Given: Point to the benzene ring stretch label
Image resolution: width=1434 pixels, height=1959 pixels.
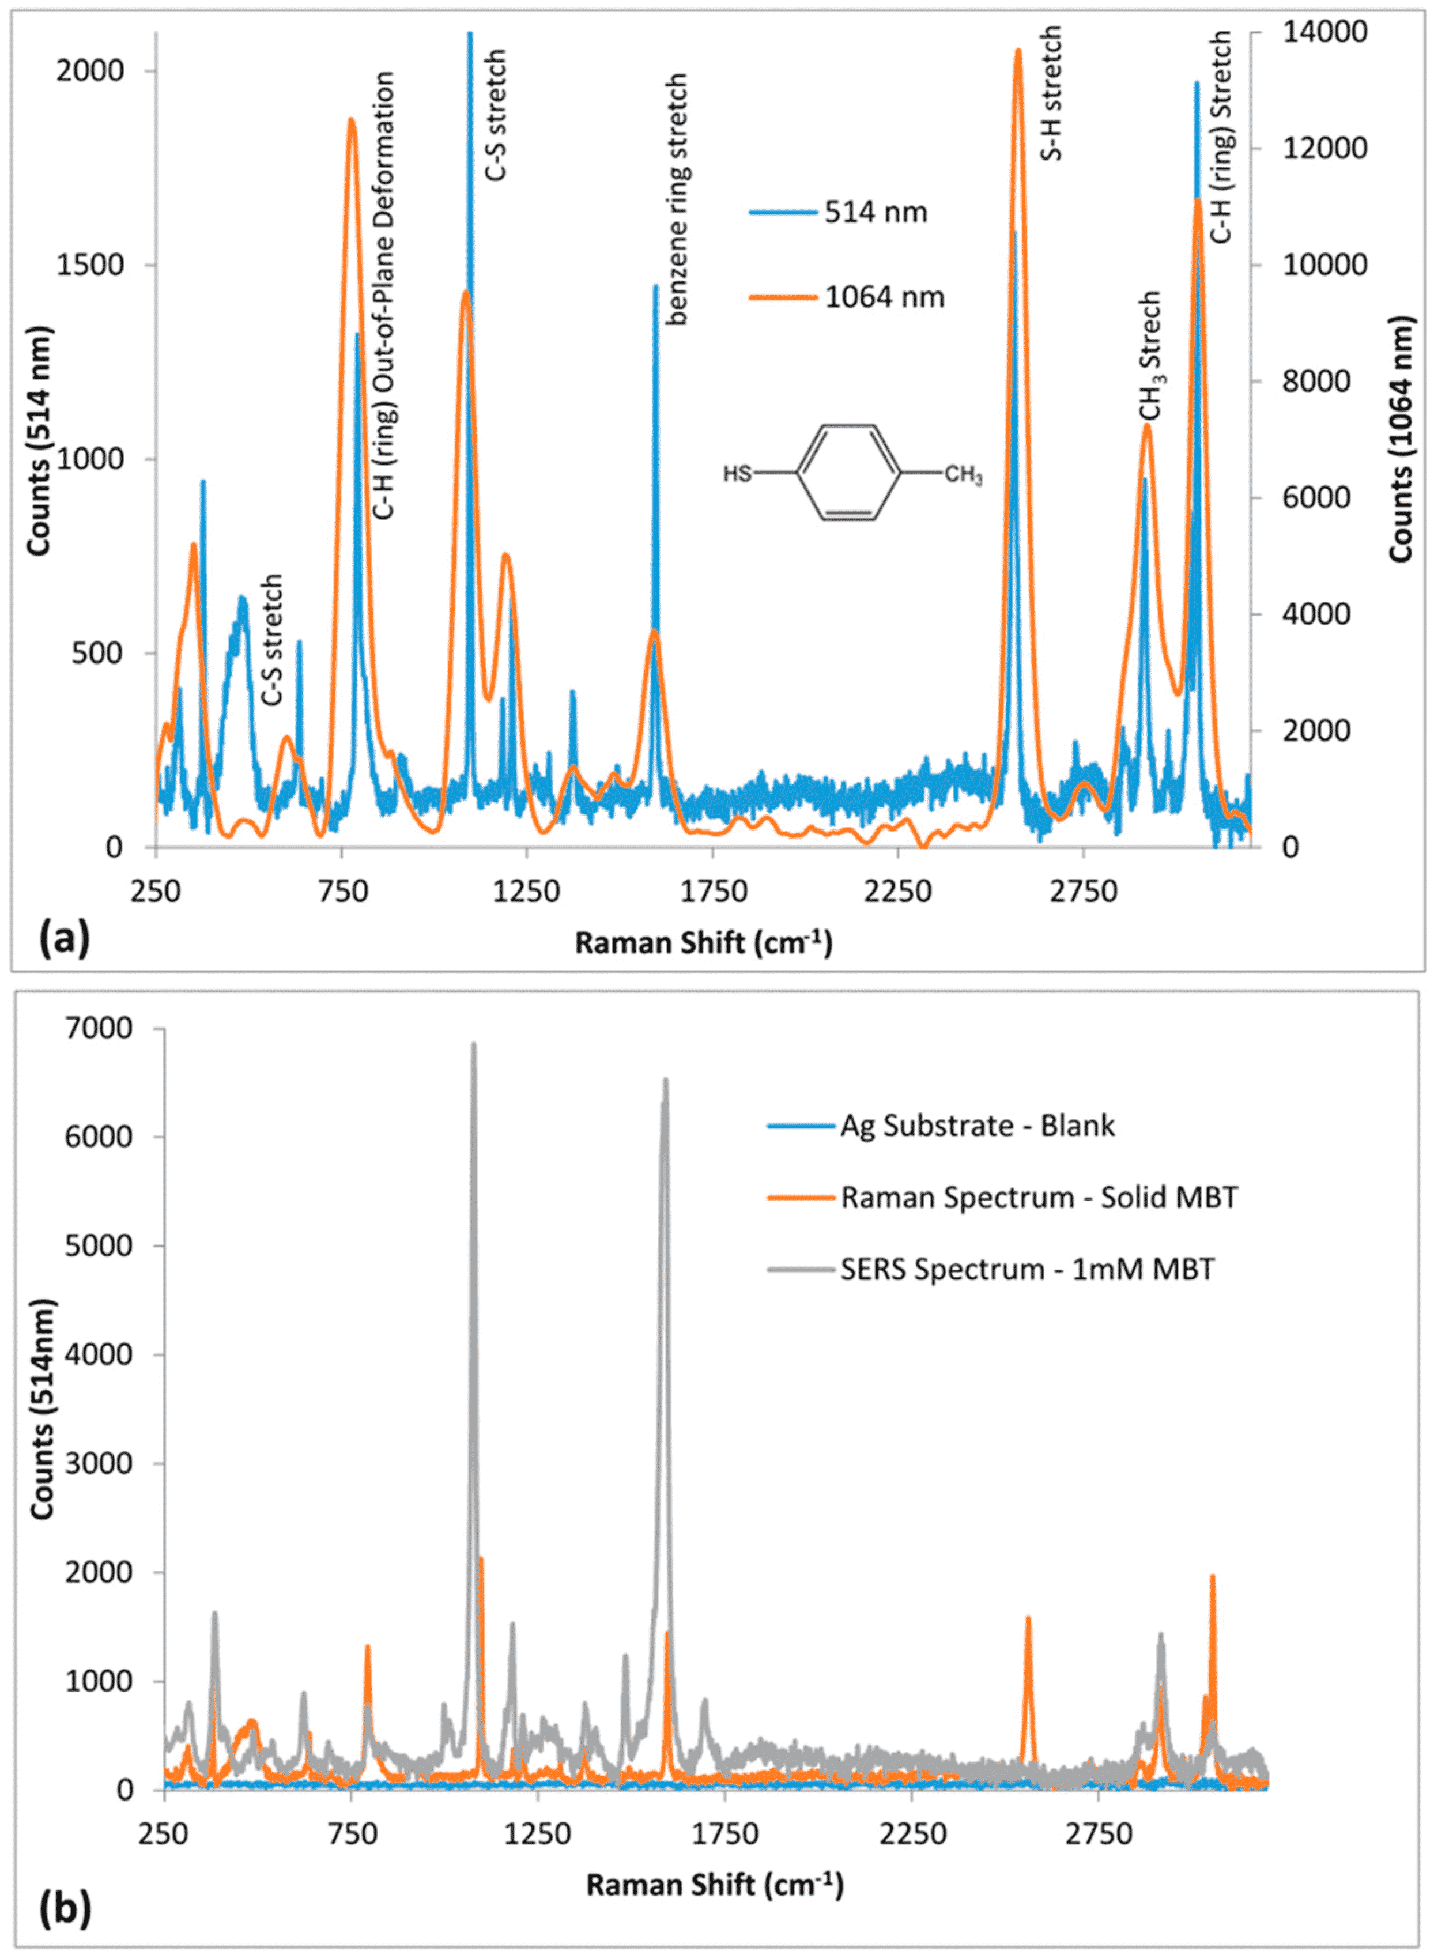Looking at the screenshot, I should click(677, 199).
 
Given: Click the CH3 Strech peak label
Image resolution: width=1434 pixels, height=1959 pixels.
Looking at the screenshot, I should click(1151, 356).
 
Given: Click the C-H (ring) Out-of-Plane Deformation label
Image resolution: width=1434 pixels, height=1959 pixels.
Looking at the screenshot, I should click(384, 295).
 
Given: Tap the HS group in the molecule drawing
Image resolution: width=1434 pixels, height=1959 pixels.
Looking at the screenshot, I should click(737, 474).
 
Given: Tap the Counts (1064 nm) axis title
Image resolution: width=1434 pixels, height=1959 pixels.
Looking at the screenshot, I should click(1401, 439).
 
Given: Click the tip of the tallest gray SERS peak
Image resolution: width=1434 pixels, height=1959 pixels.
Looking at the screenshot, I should click(474, 1043).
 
